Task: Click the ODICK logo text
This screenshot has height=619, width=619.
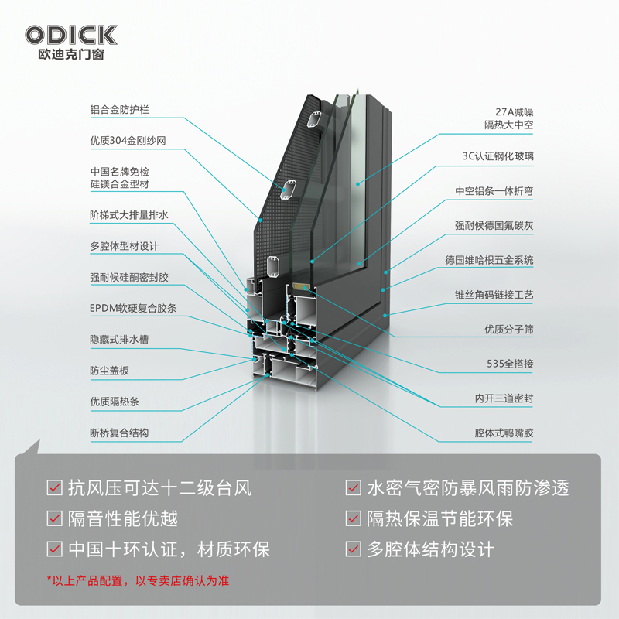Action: click(71, 36)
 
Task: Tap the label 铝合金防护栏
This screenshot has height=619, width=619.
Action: click(120, 110)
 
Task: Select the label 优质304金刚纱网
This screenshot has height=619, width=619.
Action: click(128, 141)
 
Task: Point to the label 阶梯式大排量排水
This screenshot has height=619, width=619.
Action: click(129, 215)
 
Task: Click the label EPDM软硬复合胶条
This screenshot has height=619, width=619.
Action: click(133, 308)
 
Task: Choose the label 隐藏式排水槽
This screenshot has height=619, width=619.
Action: click(119, 340)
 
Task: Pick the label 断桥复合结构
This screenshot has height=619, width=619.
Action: click(119, 433)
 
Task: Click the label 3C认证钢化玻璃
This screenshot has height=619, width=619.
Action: click(498, 156)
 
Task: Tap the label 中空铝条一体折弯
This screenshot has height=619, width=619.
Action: click(494, 191)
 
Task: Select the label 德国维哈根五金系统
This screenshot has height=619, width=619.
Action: click(490, 260)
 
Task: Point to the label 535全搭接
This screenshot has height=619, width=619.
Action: click(510, 364)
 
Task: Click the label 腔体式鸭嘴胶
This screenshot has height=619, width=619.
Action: click(504, 433)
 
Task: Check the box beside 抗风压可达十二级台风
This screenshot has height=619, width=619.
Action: click(54, 487)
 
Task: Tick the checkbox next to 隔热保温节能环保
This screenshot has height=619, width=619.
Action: click(354, 518)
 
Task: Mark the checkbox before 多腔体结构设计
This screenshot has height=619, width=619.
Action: click(354, 549)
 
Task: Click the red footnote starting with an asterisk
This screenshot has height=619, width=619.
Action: click(138, 581)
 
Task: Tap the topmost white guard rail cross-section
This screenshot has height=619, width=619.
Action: click(315, 120)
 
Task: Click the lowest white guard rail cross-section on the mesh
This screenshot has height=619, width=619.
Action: click(273, 266)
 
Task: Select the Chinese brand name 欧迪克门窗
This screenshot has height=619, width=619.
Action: click(71, 54)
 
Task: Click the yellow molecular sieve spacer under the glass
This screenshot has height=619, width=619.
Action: click(301, 286)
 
